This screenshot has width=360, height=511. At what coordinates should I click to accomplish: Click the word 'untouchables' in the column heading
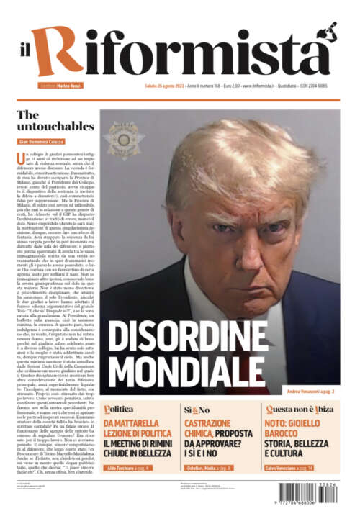coord(55,126)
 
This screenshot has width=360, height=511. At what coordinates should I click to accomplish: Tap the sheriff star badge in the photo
coord(124,136)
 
